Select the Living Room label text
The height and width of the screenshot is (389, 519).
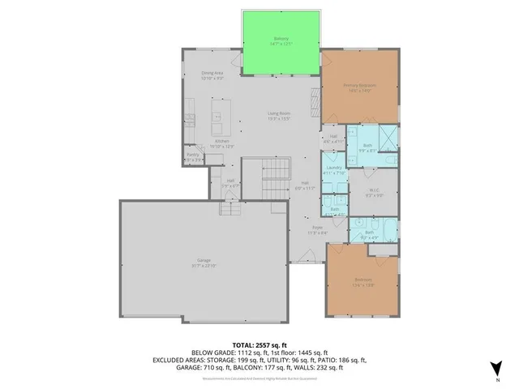click(279, 116)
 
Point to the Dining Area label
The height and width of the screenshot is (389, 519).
click(212, 76)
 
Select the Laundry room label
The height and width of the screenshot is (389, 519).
click(334, 169)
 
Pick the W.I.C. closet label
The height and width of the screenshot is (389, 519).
click(373, 191)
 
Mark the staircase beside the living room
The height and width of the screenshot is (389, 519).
click(277, 175)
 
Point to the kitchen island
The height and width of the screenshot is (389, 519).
click(218, 118)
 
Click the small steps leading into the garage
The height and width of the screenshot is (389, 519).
click(232, 208)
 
